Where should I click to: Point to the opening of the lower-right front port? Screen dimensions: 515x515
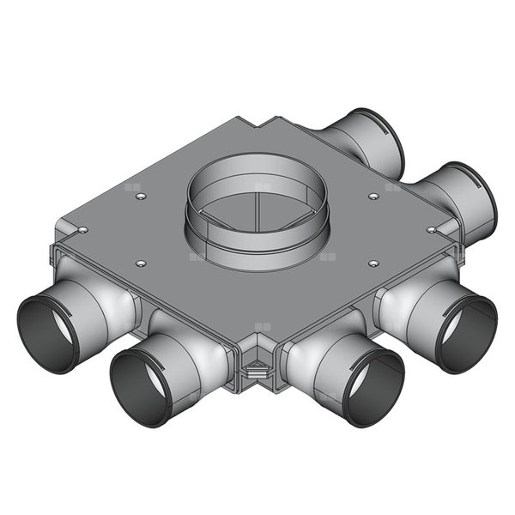point(464,334)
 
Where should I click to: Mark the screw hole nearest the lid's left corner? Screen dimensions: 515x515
point(82,230)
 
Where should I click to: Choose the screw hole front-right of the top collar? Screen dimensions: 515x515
point(373,264)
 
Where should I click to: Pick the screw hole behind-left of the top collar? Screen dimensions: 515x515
point(141,197)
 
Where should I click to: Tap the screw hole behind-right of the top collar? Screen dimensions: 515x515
point(373,197)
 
